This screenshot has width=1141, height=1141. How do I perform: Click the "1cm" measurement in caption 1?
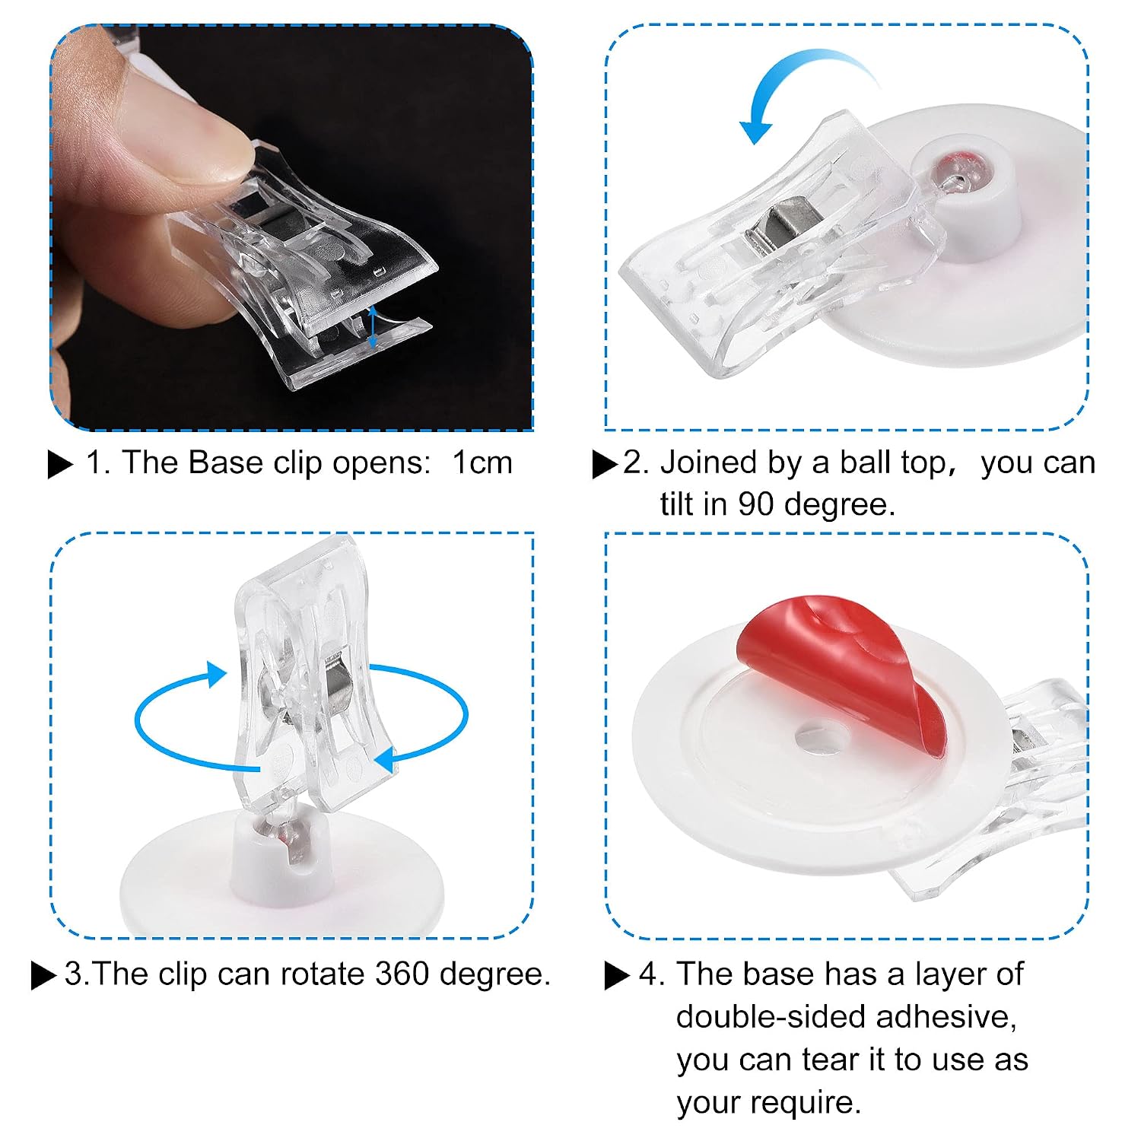(x=482, y=462)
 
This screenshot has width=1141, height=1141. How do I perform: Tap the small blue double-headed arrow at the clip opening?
(x=372, y=328)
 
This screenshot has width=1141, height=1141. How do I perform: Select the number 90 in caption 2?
(x=761, y=504)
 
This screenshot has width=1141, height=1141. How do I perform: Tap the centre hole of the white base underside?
(x=822, y=736)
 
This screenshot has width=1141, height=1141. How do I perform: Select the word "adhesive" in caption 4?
(x=944, y=1018)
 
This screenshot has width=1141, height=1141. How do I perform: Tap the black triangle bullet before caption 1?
(x=60, y=464)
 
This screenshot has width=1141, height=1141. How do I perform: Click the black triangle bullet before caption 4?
(x=617, y=975)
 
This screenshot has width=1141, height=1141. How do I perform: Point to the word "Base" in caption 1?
(x=227, y=462)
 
